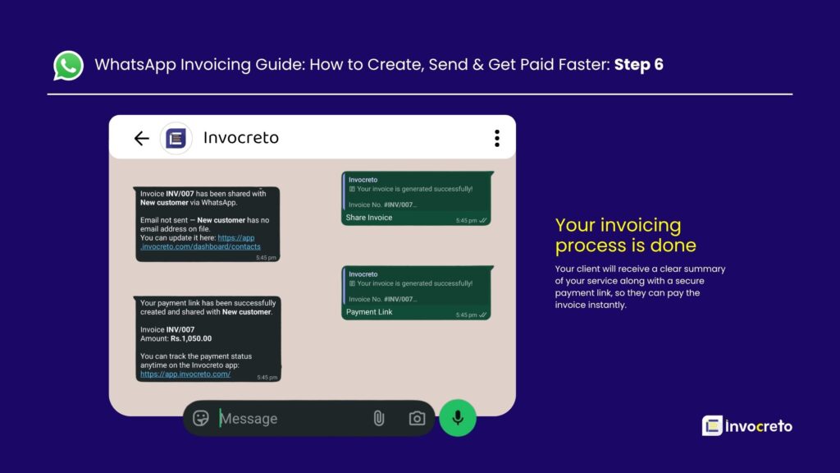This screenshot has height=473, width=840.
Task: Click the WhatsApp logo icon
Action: pos(69,66)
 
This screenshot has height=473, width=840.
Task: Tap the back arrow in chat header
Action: pos(141,138)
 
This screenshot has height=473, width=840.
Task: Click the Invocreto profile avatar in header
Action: pos(176,138)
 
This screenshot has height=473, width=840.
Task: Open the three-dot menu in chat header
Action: pos(496,138)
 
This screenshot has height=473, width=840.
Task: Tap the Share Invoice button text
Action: pos(369,218)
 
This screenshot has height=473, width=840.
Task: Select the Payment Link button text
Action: pos(369,312)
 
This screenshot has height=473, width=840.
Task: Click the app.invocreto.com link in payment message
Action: pos(185,374)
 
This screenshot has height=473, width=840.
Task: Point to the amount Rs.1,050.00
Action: pos(190,338)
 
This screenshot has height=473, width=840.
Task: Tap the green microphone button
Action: pos(458,418)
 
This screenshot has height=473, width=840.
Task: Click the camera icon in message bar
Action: pos(418,419)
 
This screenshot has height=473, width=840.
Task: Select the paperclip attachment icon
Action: pos(378,419)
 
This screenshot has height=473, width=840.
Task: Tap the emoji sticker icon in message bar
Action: pos(201,418)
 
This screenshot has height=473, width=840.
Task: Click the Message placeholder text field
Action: pos(249,419)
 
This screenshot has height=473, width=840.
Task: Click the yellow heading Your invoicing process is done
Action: pos(625,235)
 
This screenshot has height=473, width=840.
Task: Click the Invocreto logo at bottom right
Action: pos(747,425)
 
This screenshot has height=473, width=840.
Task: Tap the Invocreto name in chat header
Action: pos(240,138)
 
